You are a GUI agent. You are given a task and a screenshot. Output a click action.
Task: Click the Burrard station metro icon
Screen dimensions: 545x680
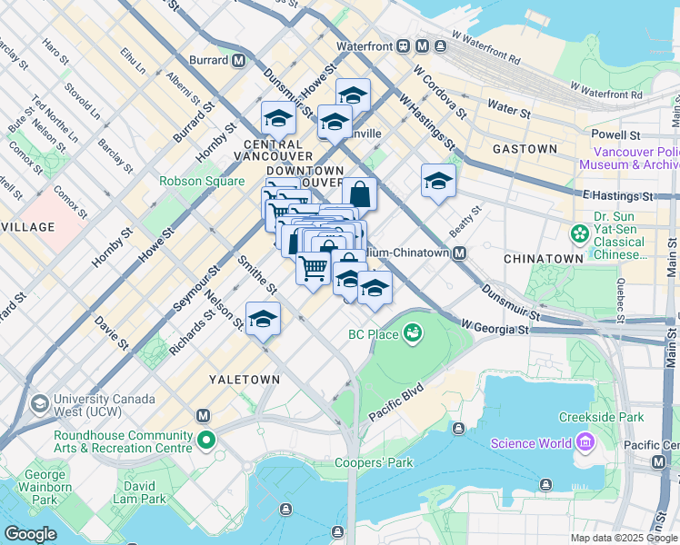click(238, 61)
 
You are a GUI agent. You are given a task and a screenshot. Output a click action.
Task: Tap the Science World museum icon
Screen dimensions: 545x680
click(585, 442)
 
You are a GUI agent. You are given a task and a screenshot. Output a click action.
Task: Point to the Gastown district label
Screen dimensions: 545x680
click(525, 148)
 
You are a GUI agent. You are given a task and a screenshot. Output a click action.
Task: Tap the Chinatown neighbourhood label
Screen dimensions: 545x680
click(545, 259)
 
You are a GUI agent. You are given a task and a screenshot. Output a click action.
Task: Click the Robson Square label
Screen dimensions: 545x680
click(203, 181)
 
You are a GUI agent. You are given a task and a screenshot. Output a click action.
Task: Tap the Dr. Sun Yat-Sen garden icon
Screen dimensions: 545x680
click(579, 234)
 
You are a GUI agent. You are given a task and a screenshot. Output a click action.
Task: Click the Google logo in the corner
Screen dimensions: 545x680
click(30, 534)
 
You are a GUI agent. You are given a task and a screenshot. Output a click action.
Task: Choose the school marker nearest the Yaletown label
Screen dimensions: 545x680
click(263, 319)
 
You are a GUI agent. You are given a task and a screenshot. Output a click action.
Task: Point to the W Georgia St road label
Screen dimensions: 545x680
click(495, 324)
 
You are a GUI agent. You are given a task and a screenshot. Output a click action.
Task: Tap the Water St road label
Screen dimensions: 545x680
click(508, 112)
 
